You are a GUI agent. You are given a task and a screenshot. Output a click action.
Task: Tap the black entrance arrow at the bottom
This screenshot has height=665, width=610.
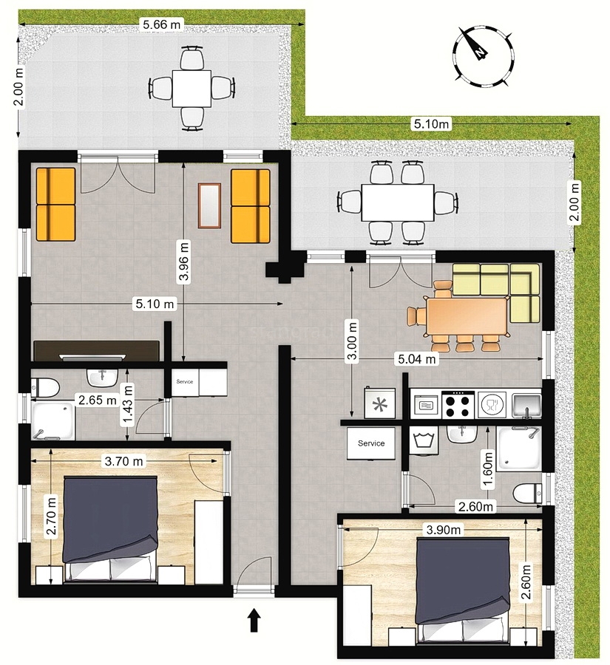254,619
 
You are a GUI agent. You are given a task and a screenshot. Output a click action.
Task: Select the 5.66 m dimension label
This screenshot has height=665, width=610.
160,24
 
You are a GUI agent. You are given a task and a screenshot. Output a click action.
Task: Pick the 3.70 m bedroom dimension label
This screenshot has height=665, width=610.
124,462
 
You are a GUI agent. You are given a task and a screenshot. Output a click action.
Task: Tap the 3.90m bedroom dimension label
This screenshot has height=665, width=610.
443,530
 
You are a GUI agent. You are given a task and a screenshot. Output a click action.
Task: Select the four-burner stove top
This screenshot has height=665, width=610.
458,404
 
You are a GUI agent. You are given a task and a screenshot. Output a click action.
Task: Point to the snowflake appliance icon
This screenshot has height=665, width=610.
381,403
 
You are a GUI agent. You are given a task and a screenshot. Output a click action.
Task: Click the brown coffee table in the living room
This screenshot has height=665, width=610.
211,205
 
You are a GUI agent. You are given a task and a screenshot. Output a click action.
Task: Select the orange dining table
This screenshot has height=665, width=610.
467,314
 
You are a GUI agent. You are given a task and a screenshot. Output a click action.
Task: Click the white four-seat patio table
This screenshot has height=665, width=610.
192,89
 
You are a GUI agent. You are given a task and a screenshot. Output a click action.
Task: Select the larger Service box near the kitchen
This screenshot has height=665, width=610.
371,443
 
